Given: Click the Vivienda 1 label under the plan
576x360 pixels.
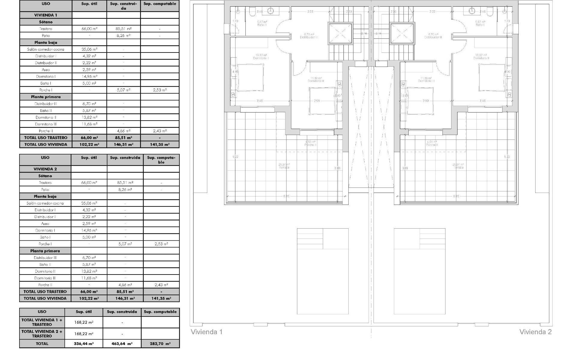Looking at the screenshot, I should (207, 332).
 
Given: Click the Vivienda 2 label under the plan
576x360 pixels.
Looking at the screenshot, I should (535, 332).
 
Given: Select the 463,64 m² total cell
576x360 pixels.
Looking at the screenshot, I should (122, 344).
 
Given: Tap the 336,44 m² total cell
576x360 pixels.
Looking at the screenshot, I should (84, 344).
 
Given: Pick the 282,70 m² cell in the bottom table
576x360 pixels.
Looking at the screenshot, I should (160, 344).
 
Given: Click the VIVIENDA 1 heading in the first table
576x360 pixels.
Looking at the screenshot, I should (46, 15).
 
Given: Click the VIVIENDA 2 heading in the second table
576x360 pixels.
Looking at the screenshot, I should (45, 169).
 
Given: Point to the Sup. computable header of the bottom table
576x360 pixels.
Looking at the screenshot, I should (160, 312).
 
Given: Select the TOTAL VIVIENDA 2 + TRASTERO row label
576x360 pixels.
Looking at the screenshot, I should (42, 334).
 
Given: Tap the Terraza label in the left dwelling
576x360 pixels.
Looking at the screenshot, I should (284, 167).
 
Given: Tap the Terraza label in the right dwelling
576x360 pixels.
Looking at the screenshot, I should (458, 167).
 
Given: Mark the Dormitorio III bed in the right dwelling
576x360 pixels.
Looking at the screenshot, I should (420, 101).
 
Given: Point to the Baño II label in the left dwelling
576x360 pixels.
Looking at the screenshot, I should (262, 25).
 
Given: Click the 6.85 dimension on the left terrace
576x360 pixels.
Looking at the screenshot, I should (286, 196).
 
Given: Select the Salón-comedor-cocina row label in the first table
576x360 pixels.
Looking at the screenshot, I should (46, 49).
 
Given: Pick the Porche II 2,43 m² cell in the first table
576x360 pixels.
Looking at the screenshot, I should (160, 131).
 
